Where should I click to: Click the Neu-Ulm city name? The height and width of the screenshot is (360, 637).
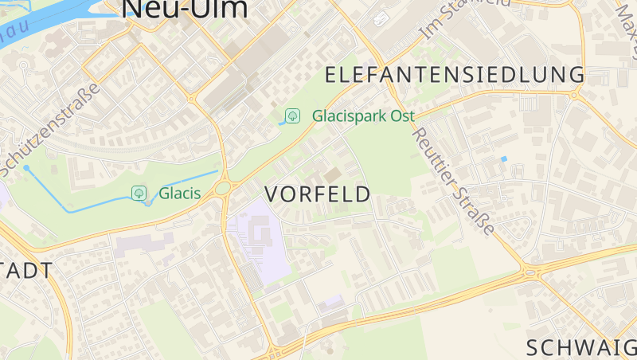click(184, 8)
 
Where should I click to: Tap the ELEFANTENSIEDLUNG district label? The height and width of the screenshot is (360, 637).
click(455, 76)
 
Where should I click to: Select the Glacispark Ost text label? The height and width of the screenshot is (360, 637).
click(363, 115)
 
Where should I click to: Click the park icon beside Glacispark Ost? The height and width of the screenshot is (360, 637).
click(293, 115)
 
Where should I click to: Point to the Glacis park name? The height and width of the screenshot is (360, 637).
click(179, 193)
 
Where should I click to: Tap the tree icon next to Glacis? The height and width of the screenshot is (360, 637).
click(139, 193)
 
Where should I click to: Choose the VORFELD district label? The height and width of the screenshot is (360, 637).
click(317, 194)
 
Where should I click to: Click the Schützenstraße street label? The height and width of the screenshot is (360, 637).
click(49, 130)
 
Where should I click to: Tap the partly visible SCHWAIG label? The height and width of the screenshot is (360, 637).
click(580, 347)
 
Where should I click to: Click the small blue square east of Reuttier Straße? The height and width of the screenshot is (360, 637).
click(504, 159)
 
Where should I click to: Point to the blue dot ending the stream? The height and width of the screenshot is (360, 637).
click(26, 168)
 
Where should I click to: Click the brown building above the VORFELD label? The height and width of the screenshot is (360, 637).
click(332, 174)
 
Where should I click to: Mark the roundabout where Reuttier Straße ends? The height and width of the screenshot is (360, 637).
click(528, 272)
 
